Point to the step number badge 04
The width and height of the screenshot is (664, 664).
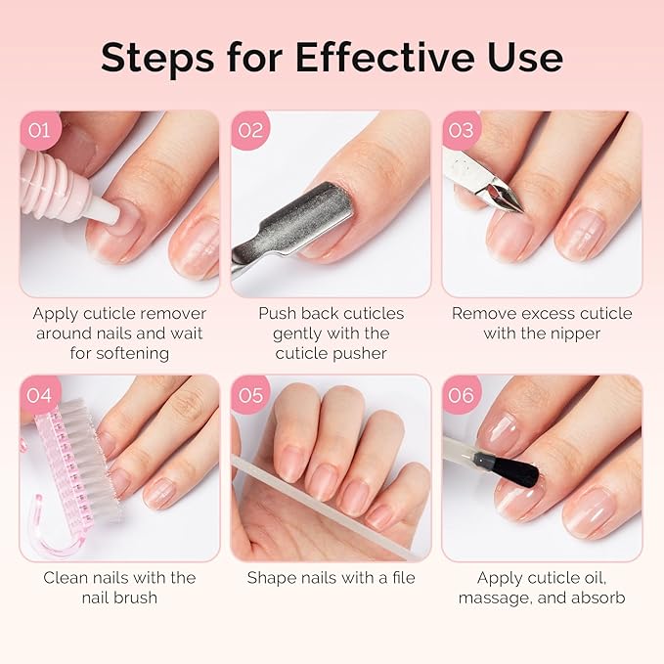tap(39, 395)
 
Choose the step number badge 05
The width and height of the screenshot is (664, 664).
tap(251, 395)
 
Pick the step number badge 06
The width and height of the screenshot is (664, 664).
tap(462, 395)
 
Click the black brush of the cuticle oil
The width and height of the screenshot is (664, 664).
tap(518, 473)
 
